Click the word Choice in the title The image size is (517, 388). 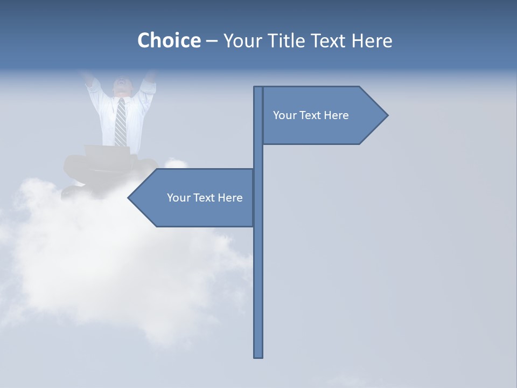169,40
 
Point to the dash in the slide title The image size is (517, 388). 212,41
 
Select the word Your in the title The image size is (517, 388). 242,40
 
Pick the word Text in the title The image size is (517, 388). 327,40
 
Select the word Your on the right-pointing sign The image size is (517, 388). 283,115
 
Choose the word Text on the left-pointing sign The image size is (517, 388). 204,198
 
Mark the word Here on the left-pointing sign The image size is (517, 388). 230,198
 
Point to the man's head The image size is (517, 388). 122,86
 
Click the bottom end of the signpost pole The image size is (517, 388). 258,355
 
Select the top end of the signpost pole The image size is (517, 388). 258,88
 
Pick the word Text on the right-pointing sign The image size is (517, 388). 310,115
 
